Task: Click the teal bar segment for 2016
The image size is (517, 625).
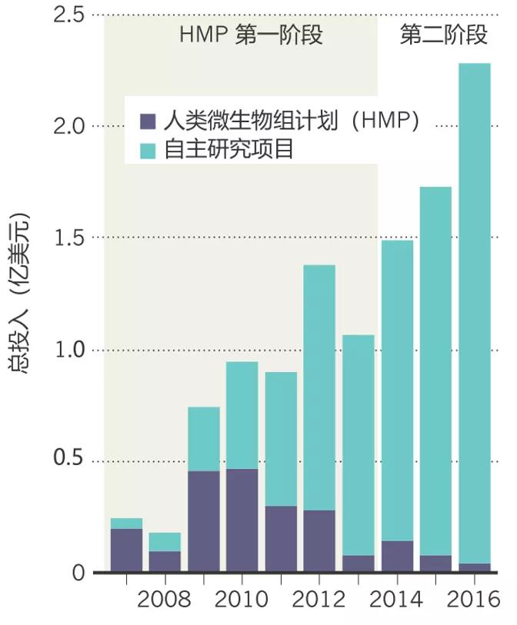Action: pyautogui.click(x=474, y=311)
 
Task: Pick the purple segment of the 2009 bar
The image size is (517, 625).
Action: pyautogui.click(x=204, y=521)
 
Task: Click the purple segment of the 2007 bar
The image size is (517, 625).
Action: pyautogui.click(x=126, y=550)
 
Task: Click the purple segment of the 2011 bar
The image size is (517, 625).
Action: pyautogui.click(x=281, y=538)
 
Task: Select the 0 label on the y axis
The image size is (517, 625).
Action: pyautogui.click(x=78, y=573)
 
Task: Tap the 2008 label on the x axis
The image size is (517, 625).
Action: pyautogui.click(x=164, y=599)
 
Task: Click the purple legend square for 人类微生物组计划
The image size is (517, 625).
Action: pyautogui.click(x=148, y=121)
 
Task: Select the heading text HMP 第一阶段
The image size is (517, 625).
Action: pyautogui.click(x=250, y=35)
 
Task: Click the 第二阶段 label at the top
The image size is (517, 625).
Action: pyautogui.click(x=444, y=35)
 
